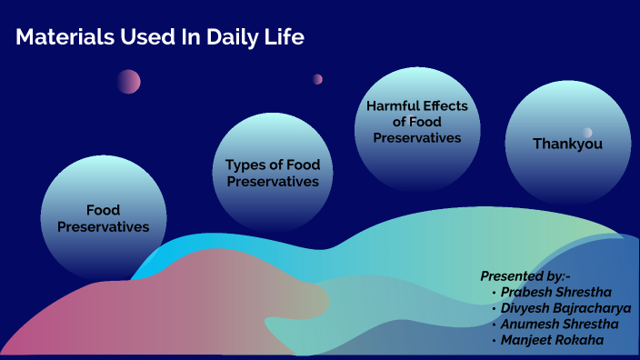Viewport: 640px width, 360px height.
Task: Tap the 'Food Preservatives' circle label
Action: tap(104, 218)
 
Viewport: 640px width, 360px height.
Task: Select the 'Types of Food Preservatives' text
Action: tap(273, 173)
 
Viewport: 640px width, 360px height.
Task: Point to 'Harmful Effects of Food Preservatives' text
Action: tap(417, 122)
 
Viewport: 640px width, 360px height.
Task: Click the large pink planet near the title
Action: tap(128, 82)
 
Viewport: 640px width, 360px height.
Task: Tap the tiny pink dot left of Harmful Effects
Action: tap(317, 79)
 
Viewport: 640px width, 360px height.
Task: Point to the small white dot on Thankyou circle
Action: tap(587, 133)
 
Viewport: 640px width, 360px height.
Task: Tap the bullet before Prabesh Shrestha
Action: tap(494, 293)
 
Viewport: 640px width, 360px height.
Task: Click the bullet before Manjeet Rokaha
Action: tap(494, 339)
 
